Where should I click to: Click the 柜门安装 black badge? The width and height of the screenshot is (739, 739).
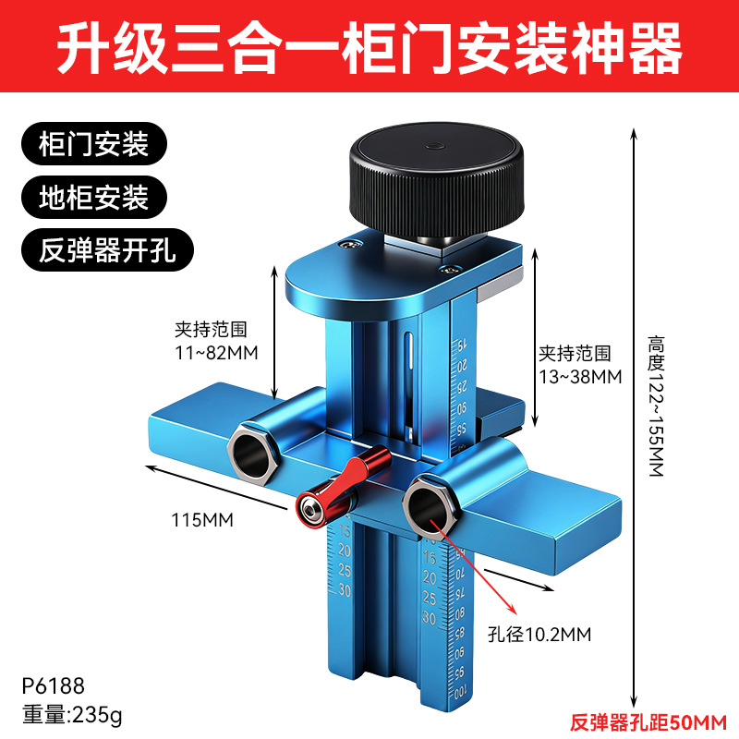95,145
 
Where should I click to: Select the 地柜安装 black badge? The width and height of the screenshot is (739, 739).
95,197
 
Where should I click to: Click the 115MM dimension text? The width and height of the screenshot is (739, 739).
203,519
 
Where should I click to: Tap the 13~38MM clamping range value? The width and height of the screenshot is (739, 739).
581,376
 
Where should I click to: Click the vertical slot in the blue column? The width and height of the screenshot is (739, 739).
407,379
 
